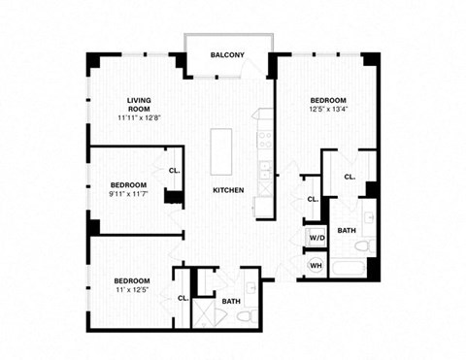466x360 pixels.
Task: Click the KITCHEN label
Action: (x=228, y=190)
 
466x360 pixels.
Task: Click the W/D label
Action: (x=316, y=238)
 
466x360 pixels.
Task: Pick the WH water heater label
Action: (x=316, y=265)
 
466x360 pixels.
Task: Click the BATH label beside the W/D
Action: (x=347, y=231)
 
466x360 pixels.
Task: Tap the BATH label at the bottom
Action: (x=231, y=302)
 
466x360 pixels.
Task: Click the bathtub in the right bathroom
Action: (x=349, y=266)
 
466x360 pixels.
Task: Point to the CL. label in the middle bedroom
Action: (x=174, y=170)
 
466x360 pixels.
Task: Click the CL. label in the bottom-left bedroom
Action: (x=183, y=298)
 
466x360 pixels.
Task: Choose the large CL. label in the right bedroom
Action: (x=349, y=177)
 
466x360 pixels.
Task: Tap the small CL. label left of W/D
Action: (x=313, y=199)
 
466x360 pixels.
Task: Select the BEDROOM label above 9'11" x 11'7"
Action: (x=127, y=184)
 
